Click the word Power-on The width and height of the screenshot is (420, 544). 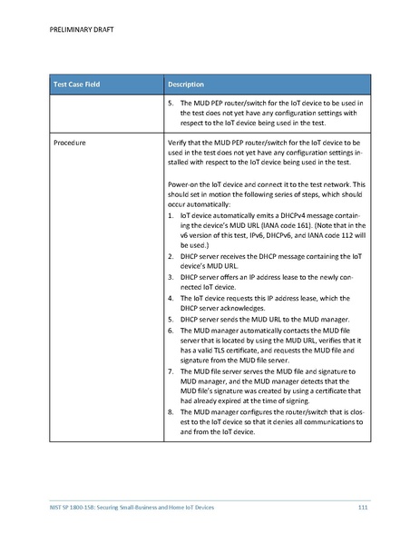pyautogui.click(x=185, y=185)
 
